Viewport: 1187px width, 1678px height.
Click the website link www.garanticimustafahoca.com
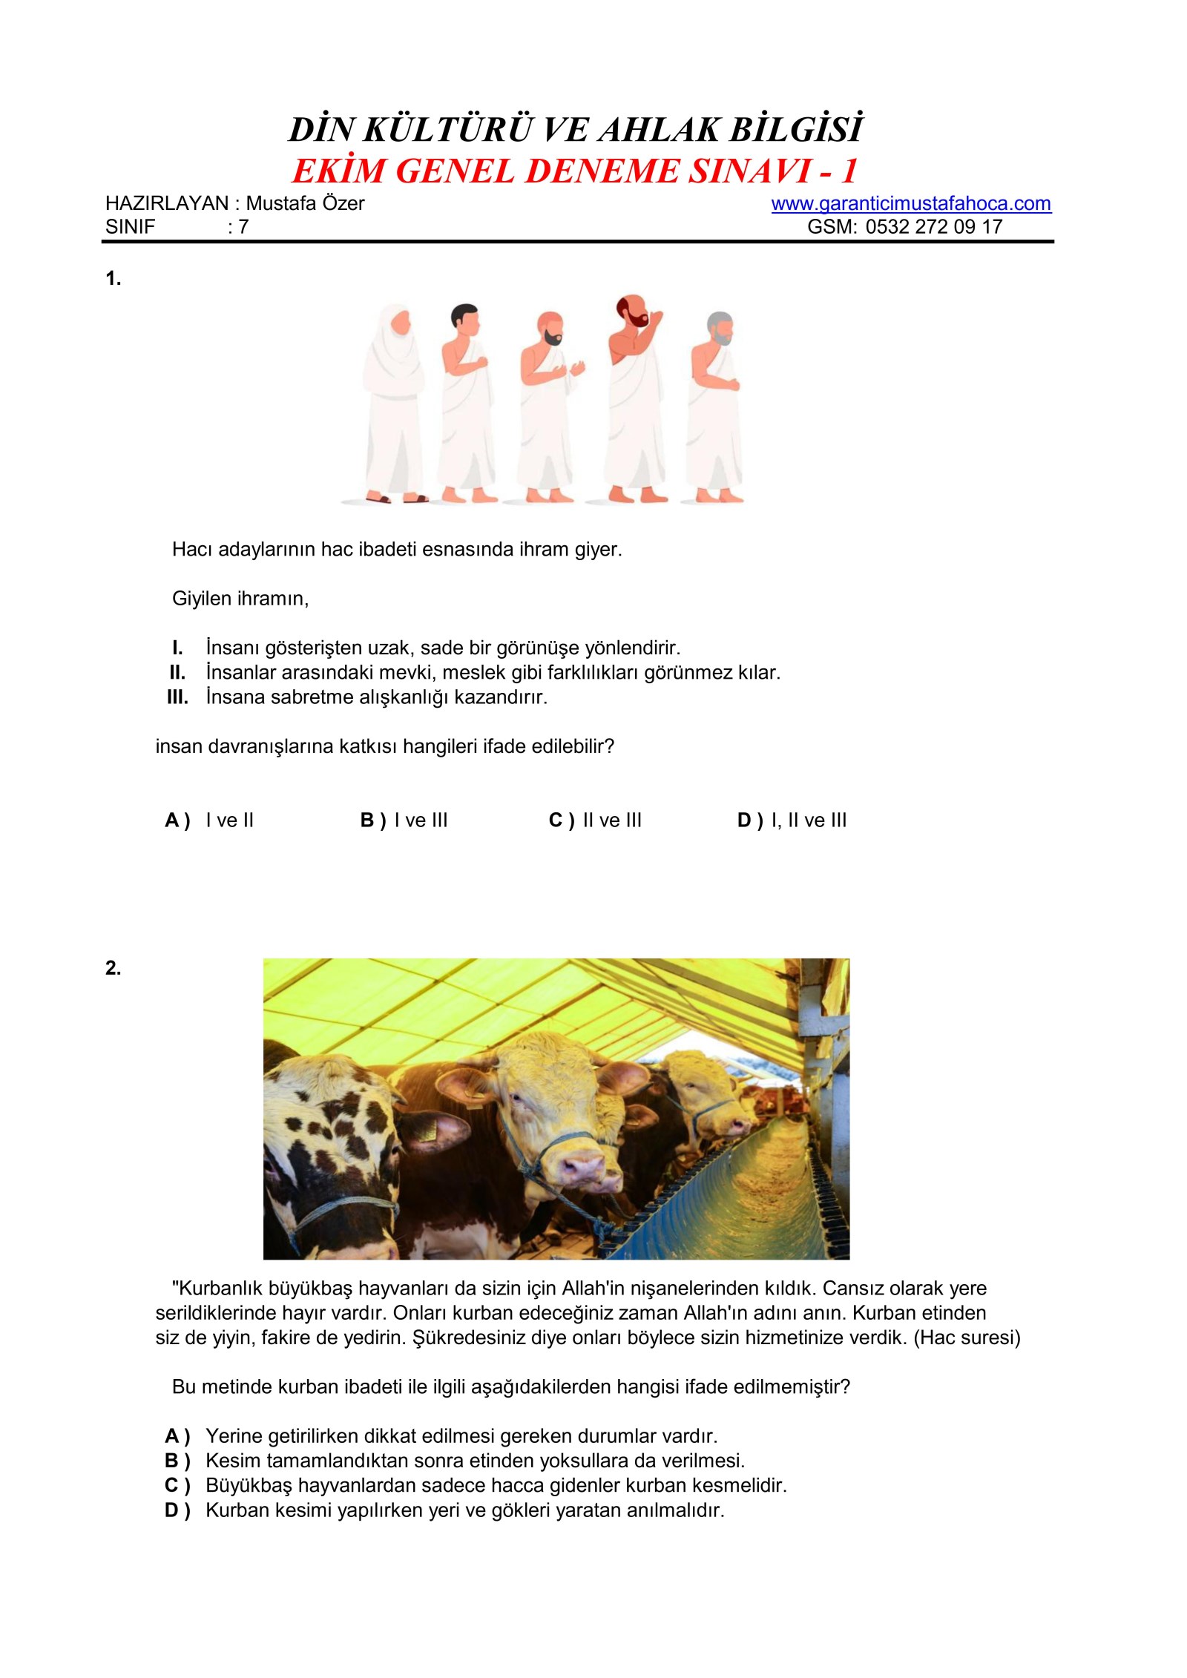[911, 203]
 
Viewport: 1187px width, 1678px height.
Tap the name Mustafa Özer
[305, 203]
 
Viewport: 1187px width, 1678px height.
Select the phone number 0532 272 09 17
[934, 227]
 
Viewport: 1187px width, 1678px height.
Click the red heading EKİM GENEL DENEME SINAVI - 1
[575, 171]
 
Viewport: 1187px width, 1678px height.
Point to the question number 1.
[113, 279]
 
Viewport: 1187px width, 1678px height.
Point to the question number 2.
[113, 968]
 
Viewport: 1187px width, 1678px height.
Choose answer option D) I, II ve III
[792, 820]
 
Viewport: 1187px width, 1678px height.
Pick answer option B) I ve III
[404, 820]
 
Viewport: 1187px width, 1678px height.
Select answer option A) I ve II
[209, 820]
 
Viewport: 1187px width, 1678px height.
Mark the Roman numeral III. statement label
[177, 697]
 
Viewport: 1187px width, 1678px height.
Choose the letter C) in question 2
[177, 1486]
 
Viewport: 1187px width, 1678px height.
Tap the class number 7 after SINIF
[243, 227]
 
